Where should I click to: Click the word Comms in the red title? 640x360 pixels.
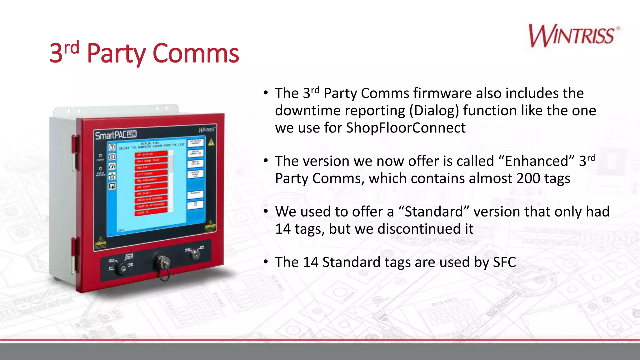(196, 53)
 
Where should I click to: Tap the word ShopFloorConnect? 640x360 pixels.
(406, 128)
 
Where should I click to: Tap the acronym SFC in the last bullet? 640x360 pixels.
(504, 262)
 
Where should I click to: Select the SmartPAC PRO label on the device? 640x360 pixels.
(116, 135)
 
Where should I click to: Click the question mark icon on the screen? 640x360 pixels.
(112, 147)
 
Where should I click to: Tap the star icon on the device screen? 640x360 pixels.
(112, 176)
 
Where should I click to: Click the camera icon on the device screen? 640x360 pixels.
(112, 157)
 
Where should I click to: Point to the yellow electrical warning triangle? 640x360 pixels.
(212, 142)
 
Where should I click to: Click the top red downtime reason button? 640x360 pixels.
(151, 154)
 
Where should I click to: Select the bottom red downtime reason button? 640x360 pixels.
(151, 212)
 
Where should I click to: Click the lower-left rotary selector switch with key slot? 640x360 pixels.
(122, 268)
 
